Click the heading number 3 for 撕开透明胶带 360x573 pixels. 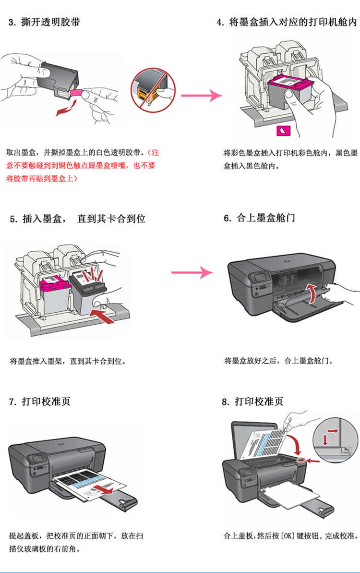coord(12,23)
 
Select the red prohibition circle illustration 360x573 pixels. coord(154,88)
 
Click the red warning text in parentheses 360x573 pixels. coord(82,165)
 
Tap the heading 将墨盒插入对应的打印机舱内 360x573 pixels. coord(293,23)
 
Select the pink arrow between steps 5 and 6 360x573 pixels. coord(199,273)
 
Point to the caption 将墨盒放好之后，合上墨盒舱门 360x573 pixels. coord(278,360)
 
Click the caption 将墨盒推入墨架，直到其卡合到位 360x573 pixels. coord(70,360)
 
